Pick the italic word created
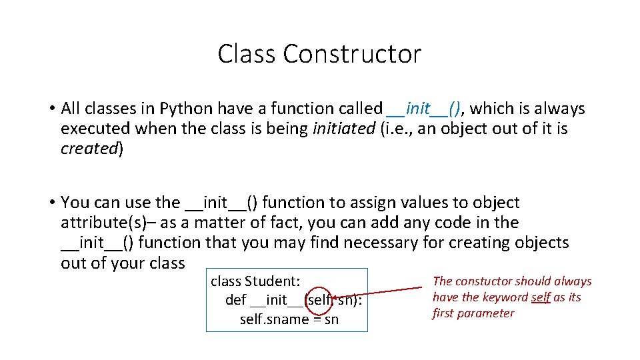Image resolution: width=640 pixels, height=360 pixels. click(89, 149)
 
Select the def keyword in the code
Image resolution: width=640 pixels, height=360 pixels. click(236, 300)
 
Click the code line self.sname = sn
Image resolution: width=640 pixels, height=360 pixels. click(289, 319)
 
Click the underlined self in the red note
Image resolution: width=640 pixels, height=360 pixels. click(540, 297)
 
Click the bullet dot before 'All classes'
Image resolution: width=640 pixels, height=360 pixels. click(51, 109)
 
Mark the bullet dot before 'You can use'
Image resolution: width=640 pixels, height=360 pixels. click(51, 203)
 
